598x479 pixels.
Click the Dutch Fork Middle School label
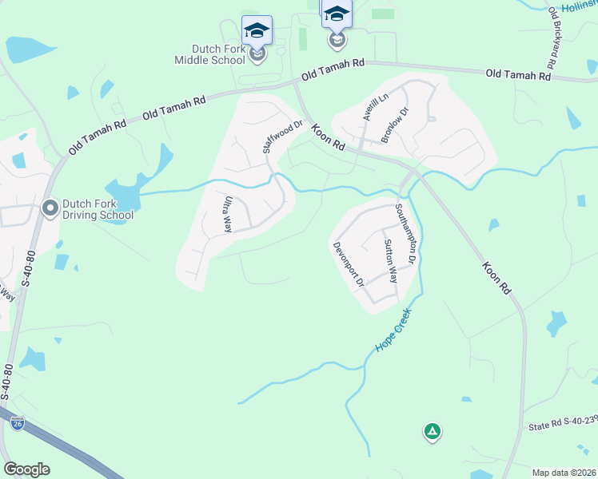(211, 54)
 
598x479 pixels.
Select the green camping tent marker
(432, 432)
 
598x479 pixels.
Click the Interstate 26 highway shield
(17, 423)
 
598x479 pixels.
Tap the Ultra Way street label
(228, 214)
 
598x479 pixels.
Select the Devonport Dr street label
(349, 264)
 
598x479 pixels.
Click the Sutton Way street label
(390, 261)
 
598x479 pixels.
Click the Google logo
(26, 469)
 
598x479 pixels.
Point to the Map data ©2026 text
(563, 473)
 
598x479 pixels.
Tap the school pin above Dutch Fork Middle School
(257, 32)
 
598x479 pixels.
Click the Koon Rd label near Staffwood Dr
(328, 137)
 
